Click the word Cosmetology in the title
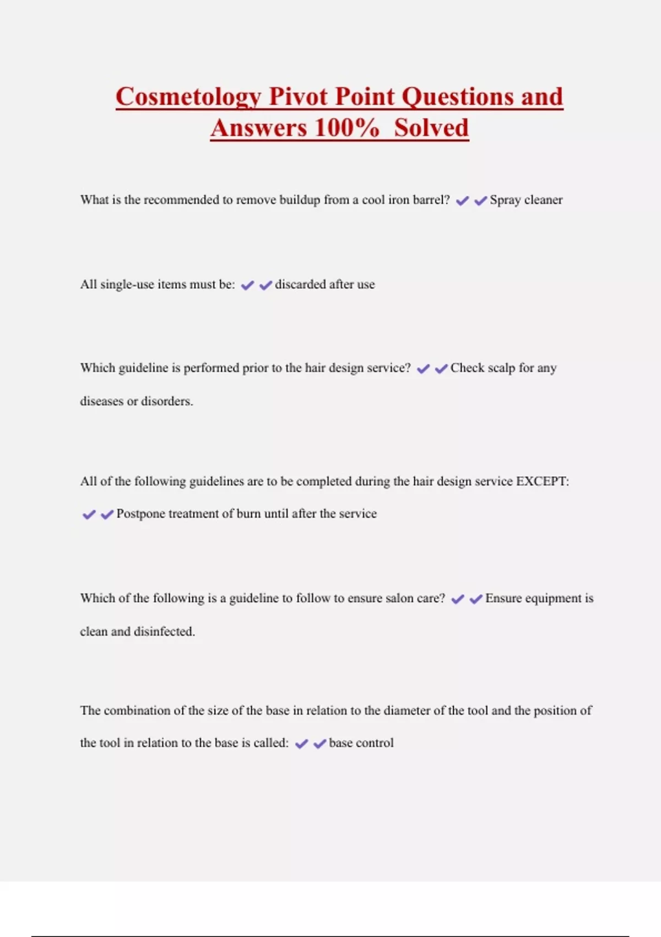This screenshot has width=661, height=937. pos(188,97)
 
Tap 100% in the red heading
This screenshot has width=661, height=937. pos(346,128)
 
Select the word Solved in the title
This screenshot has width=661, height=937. pos(431,128)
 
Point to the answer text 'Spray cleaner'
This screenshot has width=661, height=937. pos(526,200)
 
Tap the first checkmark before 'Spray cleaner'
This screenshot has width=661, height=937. pos(462,201)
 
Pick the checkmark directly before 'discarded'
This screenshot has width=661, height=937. pos(266,286)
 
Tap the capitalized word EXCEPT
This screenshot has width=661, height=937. pos(542,481)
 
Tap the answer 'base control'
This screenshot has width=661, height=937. pos(361,743)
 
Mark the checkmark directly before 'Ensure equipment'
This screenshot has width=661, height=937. pos(476,599)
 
